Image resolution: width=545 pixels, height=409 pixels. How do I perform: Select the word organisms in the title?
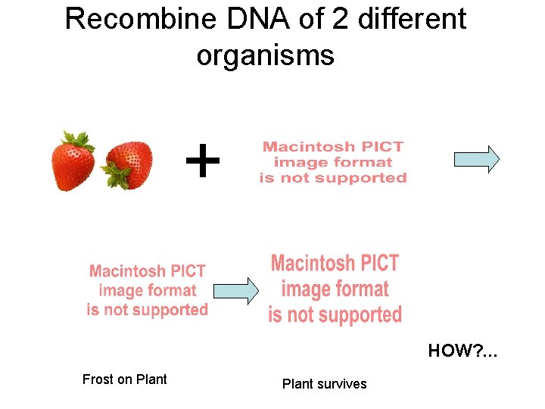265,55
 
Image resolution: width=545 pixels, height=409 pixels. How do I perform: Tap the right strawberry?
130,163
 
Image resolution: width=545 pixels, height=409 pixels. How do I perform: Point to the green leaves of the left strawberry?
78,139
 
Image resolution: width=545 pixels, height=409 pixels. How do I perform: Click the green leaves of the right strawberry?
117,176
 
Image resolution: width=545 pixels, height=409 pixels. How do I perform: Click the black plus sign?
202,161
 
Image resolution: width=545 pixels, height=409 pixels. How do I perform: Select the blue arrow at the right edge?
476,159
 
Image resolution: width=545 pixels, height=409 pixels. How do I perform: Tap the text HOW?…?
463,351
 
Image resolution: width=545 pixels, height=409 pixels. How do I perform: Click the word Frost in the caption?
98,379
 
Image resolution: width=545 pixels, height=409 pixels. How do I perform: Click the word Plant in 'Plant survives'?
298,384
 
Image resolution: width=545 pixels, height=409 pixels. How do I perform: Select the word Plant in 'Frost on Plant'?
151,379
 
